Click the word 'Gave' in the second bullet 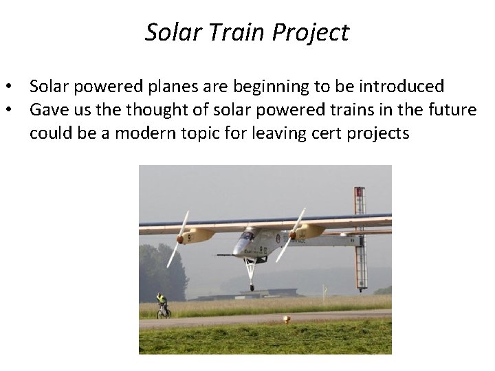coord(49,110)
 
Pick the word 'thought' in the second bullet coord(159,110)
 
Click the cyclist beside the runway coord(162,305)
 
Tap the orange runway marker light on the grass coord(287,319)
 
